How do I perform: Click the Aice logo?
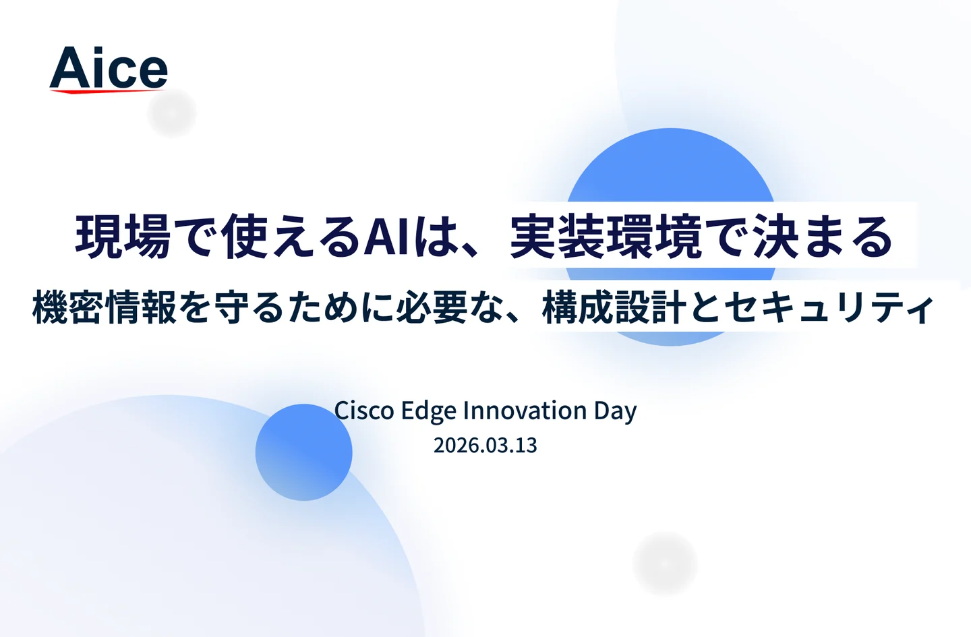(109, 69)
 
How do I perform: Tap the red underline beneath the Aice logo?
(107, 91)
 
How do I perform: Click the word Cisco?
(364, 410)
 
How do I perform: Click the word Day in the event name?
(615, 411)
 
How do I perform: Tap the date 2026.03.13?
(485, 446)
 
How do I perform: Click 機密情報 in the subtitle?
(105, 307)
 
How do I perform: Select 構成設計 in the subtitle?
(614, 307)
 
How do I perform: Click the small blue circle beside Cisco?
(303, 452)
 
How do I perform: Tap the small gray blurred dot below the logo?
(172, 113)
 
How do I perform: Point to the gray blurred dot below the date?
(665, 564)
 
